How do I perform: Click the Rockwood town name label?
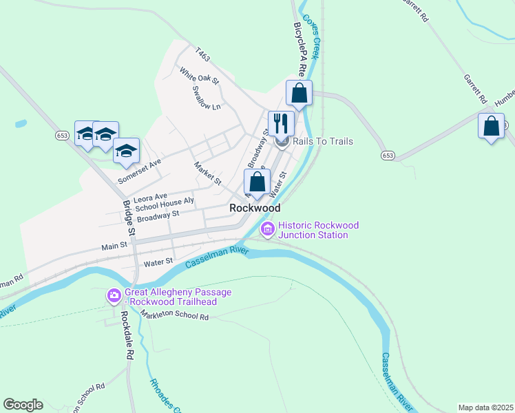[255, 207]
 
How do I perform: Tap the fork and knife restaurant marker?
[281, 124]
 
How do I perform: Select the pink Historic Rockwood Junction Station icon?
[267, 229]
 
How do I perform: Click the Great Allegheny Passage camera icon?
[114, 297]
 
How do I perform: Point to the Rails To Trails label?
[323, 141]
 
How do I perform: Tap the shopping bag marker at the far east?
[491, 126]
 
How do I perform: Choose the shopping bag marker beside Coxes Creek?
[299, 93]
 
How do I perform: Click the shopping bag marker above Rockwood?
[257, 182]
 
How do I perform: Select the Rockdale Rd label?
[127, 336]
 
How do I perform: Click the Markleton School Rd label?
[174, 315]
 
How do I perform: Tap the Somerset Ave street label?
[139, 171]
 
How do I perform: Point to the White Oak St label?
[199, 75]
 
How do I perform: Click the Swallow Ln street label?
[207, 98]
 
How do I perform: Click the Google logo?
[23, 405]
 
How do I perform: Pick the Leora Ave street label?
[151, 197]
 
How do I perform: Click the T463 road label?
[202, 53]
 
